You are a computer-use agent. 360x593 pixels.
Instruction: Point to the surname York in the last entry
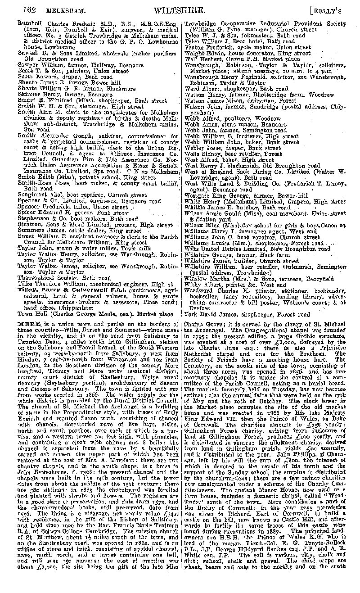point(191,314)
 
